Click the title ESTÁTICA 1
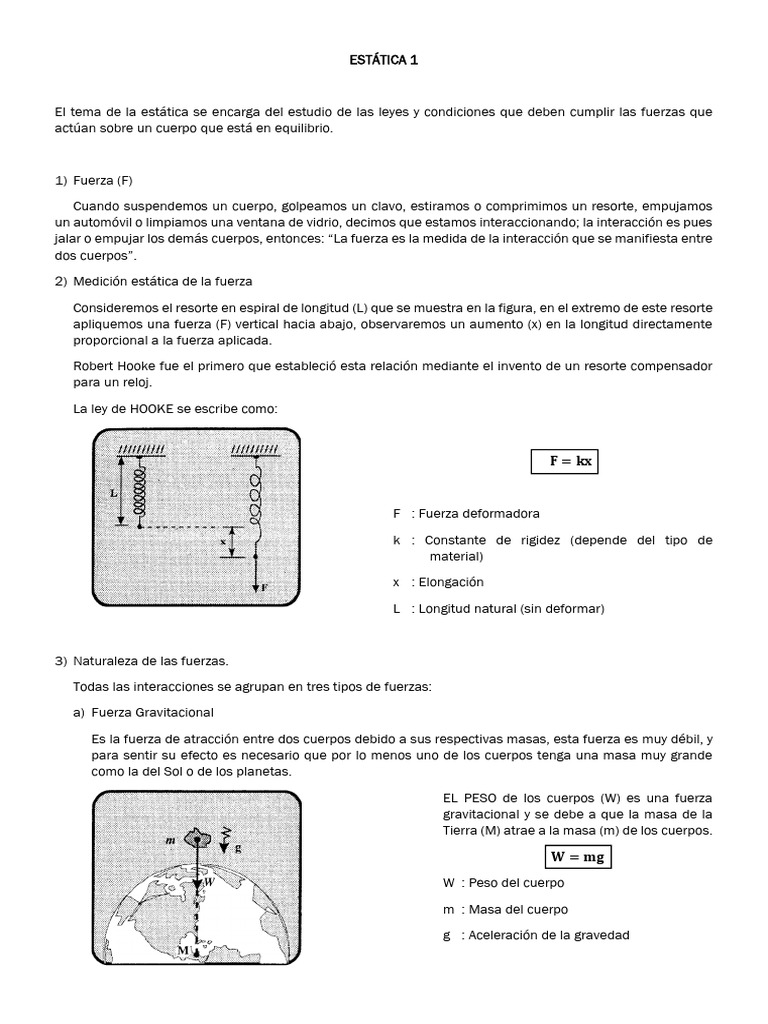(x=384, y=60)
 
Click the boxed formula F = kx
(x=564, y=462)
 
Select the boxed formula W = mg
(x=578, y=857)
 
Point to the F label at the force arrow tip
(x=264, y=588)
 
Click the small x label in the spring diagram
(x=222, y=541)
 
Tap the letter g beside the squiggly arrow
(x=237, y=846)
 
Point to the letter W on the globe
(x=210, y=883)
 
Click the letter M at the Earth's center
(x=183, y=949)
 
